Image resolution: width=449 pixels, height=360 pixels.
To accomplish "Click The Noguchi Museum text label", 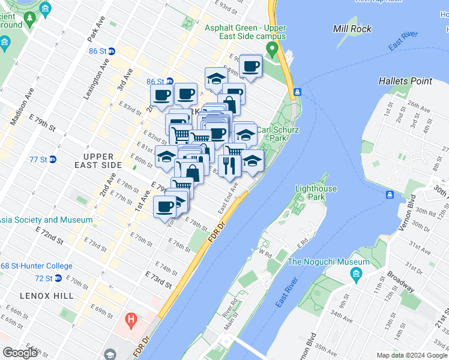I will [328, 262].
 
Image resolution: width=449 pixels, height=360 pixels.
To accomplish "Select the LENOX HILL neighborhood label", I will [46, 295].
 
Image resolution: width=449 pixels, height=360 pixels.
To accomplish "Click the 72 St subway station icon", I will [58, 278].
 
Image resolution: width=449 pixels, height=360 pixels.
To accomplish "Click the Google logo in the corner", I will [20, 353].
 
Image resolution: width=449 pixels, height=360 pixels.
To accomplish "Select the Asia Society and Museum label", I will [46, 220].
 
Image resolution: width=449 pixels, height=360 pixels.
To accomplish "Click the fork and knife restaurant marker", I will [228, 165].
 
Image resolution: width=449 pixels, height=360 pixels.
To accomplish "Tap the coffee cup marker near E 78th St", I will [164, 207].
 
